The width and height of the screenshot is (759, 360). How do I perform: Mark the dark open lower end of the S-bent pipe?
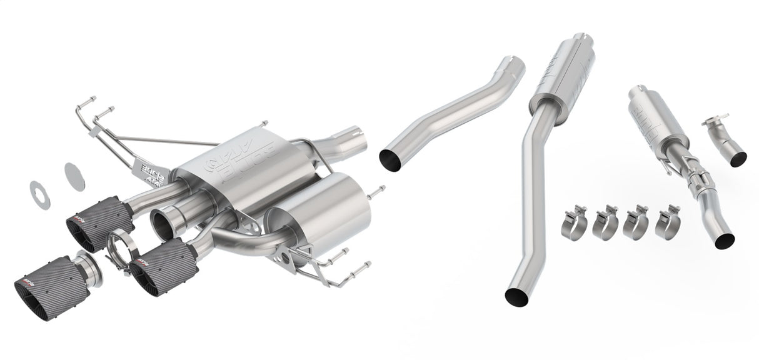[x=391, y=160]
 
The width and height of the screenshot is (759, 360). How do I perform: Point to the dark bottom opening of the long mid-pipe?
[x=516, y=297]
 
